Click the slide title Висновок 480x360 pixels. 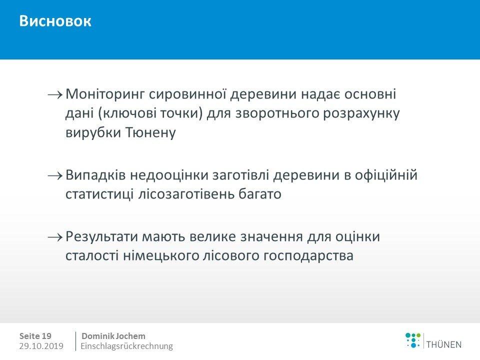[x=55, y=21]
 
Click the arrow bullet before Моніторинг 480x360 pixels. [x=55, y=94]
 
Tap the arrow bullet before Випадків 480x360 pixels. [x=55, y=175]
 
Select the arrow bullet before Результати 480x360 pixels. [x=55, y=237]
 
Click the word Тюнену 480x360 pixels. [x=150, y=133]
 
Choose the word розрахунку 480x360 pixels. [x=361, y=114]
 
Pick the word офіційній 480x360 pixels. [x=386, y=175]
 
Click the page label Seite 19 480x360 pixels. [x=35, y=336]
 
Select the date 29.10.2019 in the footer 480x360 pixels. [x=41, y=346]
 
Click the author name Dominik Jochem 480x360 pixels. [x=113, y=336]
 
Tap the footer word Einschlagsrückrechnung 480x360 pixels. [x=126, y=346]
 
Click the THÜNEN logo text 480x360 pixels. [x=444, y=344]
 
